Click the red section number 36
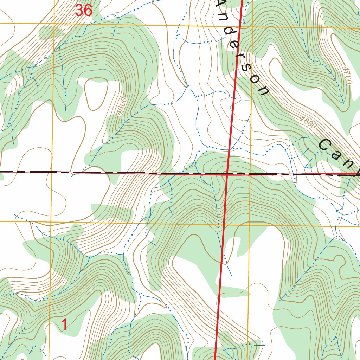(84, 11)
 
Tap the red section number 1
(64, 325)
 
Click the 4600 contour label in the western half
(122, 107)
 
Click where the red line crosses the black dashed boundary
(227, 173)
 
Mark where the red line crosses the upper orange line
(240, 26)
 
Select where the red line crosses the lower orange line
(224, 223)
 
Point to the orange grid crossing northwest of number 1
(51, 221)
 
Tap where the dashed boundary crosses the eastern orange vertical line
(250, 174)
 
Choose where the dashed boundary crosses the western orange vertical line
(52, 172)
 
